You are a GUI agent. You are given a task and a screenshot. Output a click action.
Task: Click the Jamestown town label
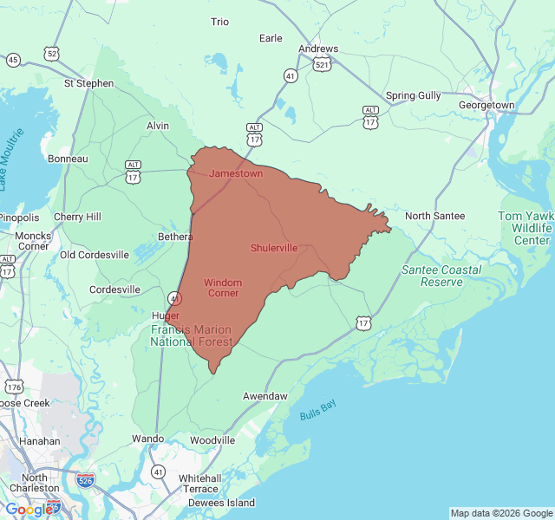[236, 173]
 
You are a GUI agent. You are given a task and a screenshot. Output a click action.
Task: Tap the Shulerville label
[274, 248]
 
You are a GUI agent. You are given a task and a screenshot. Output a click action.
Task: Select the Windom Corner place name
[224, 288]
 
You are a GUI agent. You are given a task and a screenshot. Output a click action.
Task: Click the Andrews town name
[318, 49]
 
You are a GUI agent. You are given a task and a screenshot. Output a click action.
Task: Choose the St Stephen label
[88, 83]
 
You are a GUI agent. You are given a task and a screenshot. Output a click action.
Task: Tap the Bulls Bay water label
[317, 411]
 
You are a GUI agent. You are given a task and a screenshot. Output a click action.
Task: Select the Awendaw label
[264, 396]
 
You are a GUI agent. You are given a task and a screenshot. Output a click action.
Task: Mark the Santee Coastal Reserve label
[441, 276]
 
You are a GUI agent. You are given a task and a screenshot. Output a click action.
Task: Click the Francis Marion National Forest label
[192, 336]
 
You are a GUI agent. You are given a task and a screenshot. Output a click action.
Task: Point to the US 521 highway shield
[321, 65]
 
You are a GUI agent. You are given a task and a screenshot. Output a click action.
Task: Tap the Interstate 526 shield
[85, 479]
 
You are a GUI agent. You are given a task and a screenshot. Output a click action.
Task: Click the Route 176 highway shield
[14, 387]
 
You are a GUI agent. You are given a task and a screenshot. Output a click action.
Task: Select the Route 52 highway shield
[53, 54]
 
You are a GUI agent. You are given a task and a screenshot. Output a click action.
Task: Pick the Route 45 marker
[13, 60]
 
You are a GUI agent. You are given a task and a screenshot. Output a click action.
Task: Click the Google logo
[29, 510]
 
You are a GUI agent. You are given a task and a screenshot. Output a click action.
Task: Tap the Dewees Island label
[223, 503]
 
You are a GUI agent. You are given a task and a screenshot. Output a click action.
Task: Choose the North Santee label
[434, 216]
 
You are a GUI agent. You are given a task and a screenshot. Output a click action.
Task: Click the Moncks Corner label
[33, 241]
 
